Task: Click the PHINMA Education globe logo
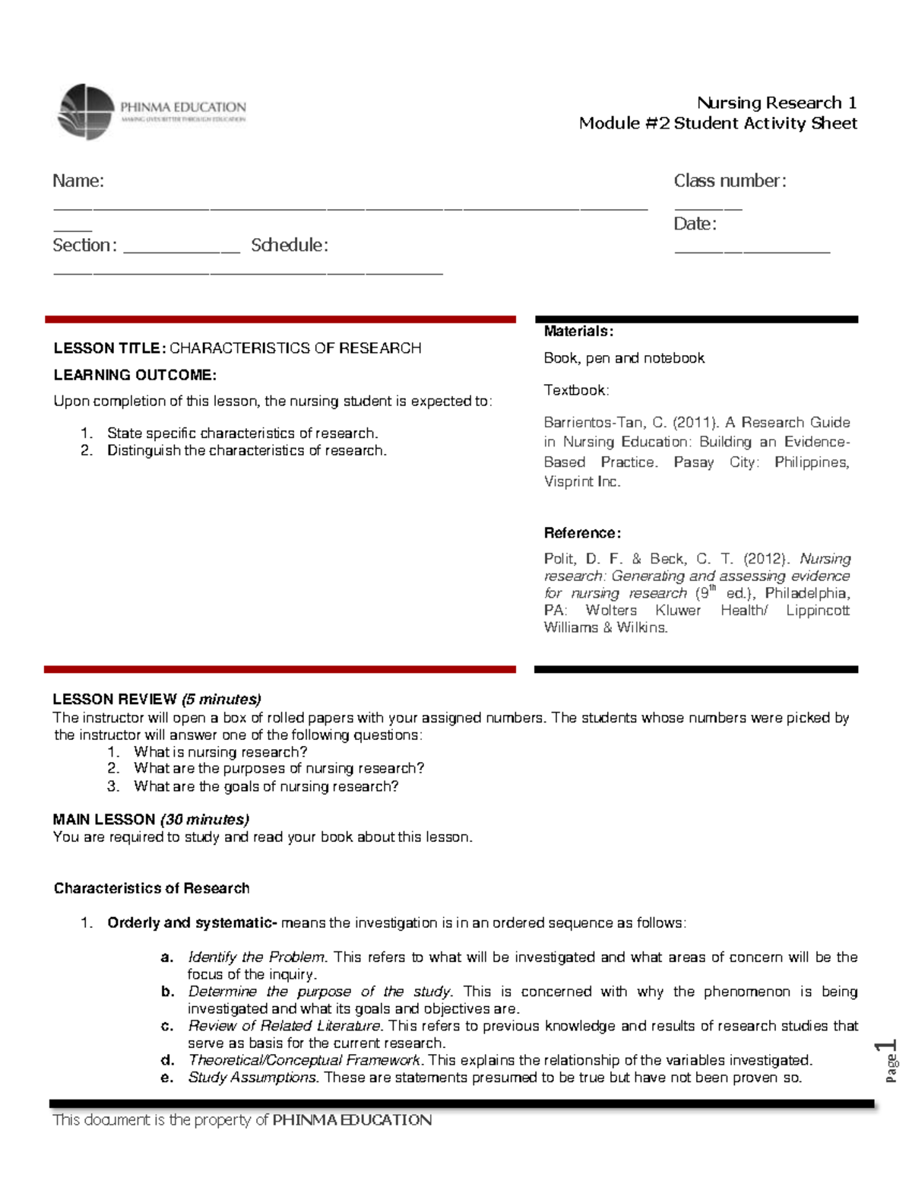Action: click(87, 112)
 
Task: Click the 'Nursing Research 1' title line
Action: click(776, 103)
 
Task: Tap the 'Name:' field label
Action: click(78, 181)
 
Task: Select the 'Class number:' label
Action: click(730, 181)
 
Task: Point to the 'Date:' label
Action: click(695, 224)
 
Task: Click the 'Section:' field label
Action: click(84, 245)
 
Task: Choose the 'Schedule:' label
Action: click(290, 245)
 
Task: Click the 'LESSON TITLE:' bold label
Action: click(109, 348)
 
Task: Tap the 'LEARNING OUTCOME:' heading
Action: click(135, 375)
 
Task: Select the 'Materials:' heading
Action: click(578, 332)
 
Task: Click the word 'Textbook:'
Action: click(576, 390)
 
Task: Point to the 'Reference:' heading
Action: click(582, 533)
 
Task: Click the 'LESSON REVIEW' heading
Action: click(115, 699)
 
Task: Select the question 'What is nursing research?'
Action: click(220, 752)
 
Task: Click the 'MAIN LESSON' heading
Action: click(104, 819)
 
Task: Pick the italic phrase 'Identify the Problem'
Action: click(256, 957)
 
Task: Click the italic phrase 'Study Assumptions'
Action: click(252, 1077)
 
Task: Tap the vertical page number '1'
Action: click(888, 1046)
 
